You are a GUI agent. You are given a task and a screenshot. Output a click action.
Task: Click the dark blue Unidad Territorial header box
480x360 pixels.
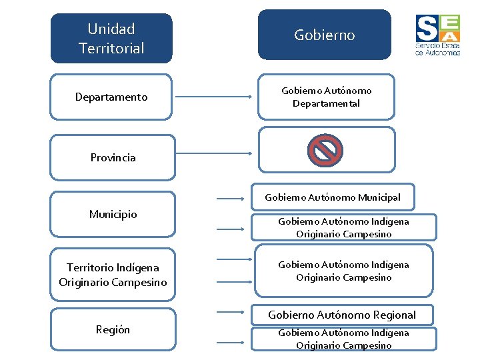click(x=111, y=38)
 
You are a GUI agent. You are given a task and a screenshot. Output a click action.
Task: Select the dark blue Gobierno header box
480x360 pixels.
click(x=325, y=35)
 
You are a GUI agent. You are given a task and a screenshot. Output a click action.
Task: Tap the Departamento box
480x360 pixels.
click(x=111, y=97)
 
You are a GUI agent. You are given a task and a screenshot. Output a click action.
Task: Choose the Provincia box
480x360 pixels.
click(x=113, y=157)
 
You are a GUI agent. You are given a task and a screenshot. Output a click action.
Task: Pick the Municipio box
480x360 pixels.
click(x=113, y=214)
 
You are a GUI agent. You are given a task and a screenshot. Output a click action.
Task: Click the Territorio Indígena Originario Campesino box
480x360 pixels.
click(x=113, y=275)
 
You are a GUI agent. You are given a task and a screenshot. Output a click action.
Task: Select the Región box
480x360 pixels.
click(x=113, y=329)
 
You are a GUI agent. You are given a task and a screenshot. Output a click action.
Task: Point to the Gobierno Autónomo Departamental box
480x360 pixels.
click(x=326, y=97)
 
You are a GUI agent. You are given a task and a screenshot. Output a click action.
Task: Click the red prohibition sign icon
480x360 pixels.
click(x=325, y=150)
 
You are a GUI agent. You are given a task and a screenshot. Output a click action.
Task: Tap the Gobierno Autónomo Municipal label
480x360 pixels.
click(x=333, y=197)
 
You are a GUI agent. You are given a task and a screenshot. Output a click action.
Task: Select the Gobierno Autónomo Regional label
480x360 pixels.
click(x=342, y=315)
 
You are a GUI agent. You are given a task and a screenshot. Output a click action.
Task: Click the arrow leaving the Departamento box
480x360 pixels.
click(x=213, y=97)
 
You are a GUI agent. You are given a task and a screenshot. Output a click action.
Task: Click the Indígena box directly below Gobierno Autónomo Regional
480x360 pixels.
click(x=343, y=339)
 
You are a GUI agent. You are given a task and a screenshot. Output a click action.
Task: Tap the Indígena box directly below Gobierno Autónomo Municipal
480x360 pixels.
click(x=343, y=227)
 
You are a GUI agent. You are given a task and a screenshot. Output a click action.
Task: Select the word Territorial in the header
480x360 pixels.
click(x=111, y=48)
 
